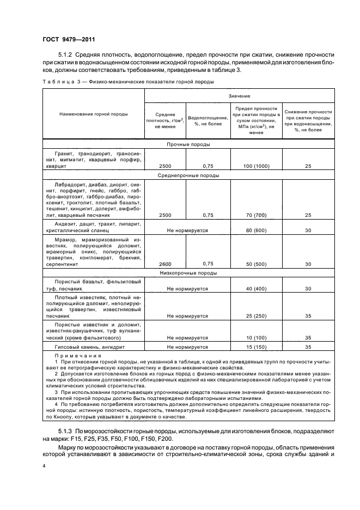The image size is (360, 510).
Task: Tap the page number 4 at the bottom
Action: coord(44,466)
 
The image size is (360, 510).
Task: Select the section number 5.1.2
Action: coord(65,55)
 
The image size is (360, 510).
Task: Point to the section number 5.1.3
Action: coord(65,432)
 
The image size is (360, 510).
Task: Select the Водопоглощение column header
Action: coord(208,120)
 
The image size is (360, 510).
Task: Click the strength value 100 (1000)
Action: coord(256,166)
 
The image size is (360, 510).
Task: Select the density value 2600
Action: coord(164,264)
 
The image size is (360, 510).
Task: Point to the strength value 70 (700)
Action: coord(256,215)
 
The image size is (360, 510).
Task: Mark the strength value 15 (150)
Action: coord(256,347)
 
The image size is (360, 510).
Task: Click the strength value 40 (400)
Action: coord(256,288)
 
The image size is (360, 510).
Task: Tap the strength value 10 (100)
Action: coord(256,337)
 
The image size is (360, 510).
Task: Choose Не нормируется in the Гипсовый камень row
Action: coord(187,347)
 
